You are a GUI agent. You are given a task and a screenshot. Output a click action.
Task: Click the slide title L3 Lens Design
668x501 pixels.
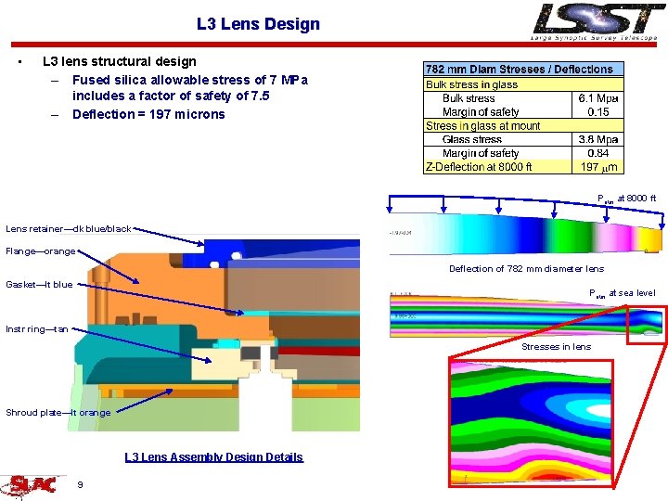tap(258, 24)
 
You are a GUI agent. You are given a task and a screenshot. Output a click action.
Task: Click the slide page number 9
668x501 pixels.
tap(81, 484)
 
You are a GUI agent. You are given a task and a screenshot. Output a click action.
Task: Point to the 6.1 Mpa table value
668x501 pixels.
tap(598, 98)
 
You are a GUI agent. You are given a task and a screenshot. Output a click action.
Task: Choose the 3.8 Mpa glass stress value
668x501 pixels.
tap(598, 139)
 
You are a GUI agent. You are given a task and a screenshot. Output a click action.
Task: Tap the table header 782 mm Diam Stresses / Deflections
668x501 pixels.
tap(519, 70)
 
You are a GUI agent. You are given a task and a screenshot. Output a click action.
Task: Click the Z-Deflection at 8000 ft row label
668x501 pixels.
tap(479, 167)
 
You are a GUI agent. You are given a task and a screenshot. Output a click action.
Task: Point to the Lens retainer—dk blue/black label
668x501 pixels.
tap(69, 228)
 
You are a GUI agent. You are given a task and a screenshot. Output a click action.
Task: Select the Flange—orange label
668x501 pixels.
tap(41, 251)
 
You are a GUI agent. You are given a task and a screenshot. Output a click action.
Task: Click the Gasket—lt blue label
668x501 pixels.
tap(39, 284)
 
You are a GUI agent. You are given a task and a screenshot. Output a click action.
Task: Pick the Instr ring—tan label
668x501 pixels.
tap(37, 329)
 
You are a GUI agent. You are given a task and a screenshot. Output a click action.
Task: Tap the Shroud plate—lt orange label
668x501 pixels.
tap(58, 413)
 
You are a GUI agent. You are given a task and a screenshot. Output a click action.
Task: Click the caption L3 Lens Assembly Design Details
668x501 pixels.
tap(213, 456)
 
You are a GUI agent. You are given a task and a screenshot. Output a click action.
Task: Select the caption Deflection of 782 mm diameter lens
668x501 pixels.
tap(526, 269)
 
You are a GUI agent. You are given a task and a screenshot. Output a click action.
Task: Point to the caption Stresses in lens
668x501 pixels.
tap(556, 347)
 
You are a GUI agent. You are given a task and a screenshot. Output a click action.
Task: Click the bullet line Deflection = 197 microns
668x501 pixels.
tap(148, 114)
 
